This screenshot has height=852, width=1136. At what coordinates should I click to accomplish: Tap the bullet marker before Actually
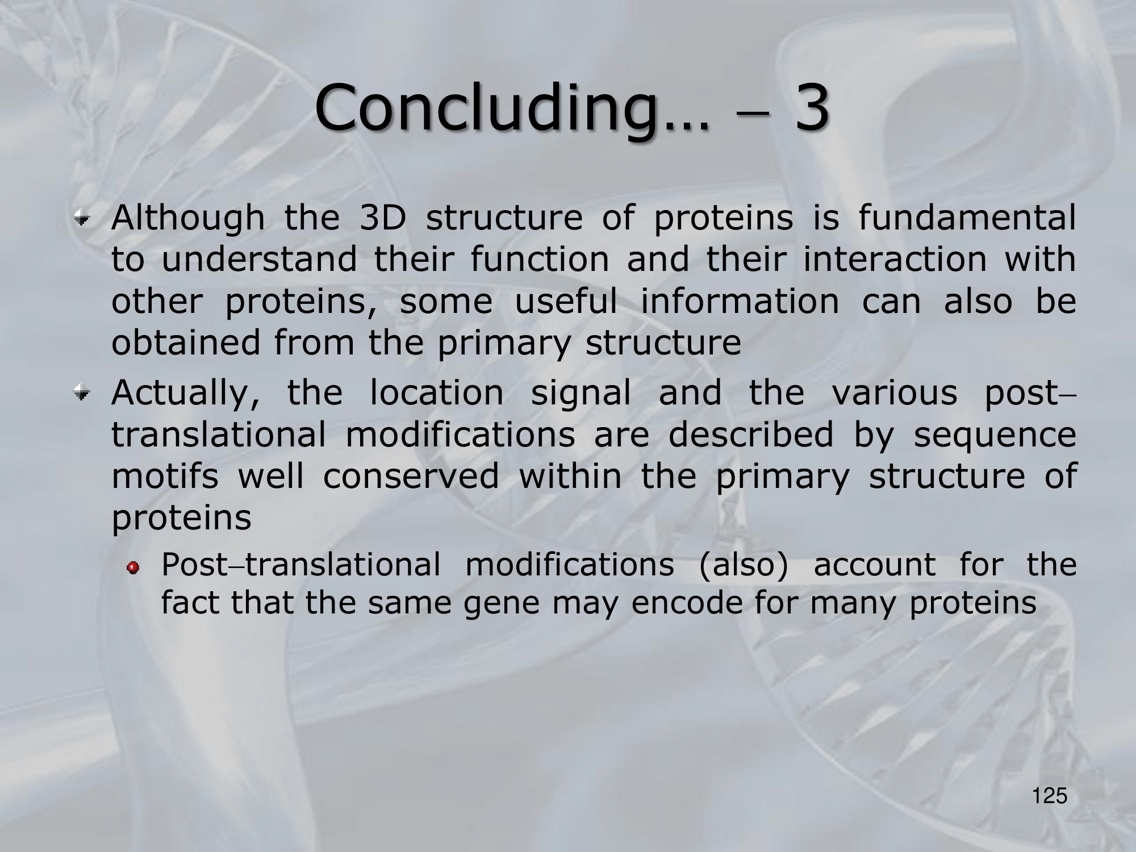point(84,392)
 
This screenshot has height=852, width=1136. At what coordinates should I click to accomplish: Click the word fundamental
point(967,217)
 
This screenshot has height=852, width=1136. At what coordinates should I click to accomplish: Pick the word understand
point(260,259)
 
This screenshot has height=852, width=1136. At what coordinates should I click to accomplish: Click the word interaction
point(895,259)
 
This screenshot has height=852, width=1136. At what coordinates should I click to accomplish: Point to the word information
point(740,301)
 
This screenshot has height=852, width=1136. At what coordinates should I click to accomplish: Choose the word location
point(436,392)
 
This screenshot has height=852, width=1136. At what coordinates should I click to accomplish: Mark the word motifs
point(165,475)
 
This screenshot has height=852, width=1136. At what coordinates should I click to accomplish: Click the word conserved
point(411,475)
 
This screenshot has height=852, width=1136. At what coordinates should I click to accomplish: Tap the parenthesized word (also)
point(744,565)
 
